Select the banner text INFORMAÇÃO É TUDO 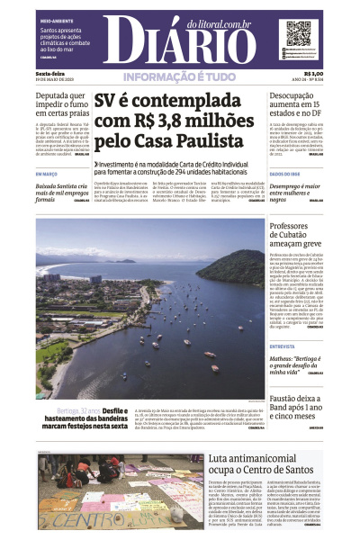pos(180,76)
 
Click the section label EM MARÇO pos(46,174)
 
